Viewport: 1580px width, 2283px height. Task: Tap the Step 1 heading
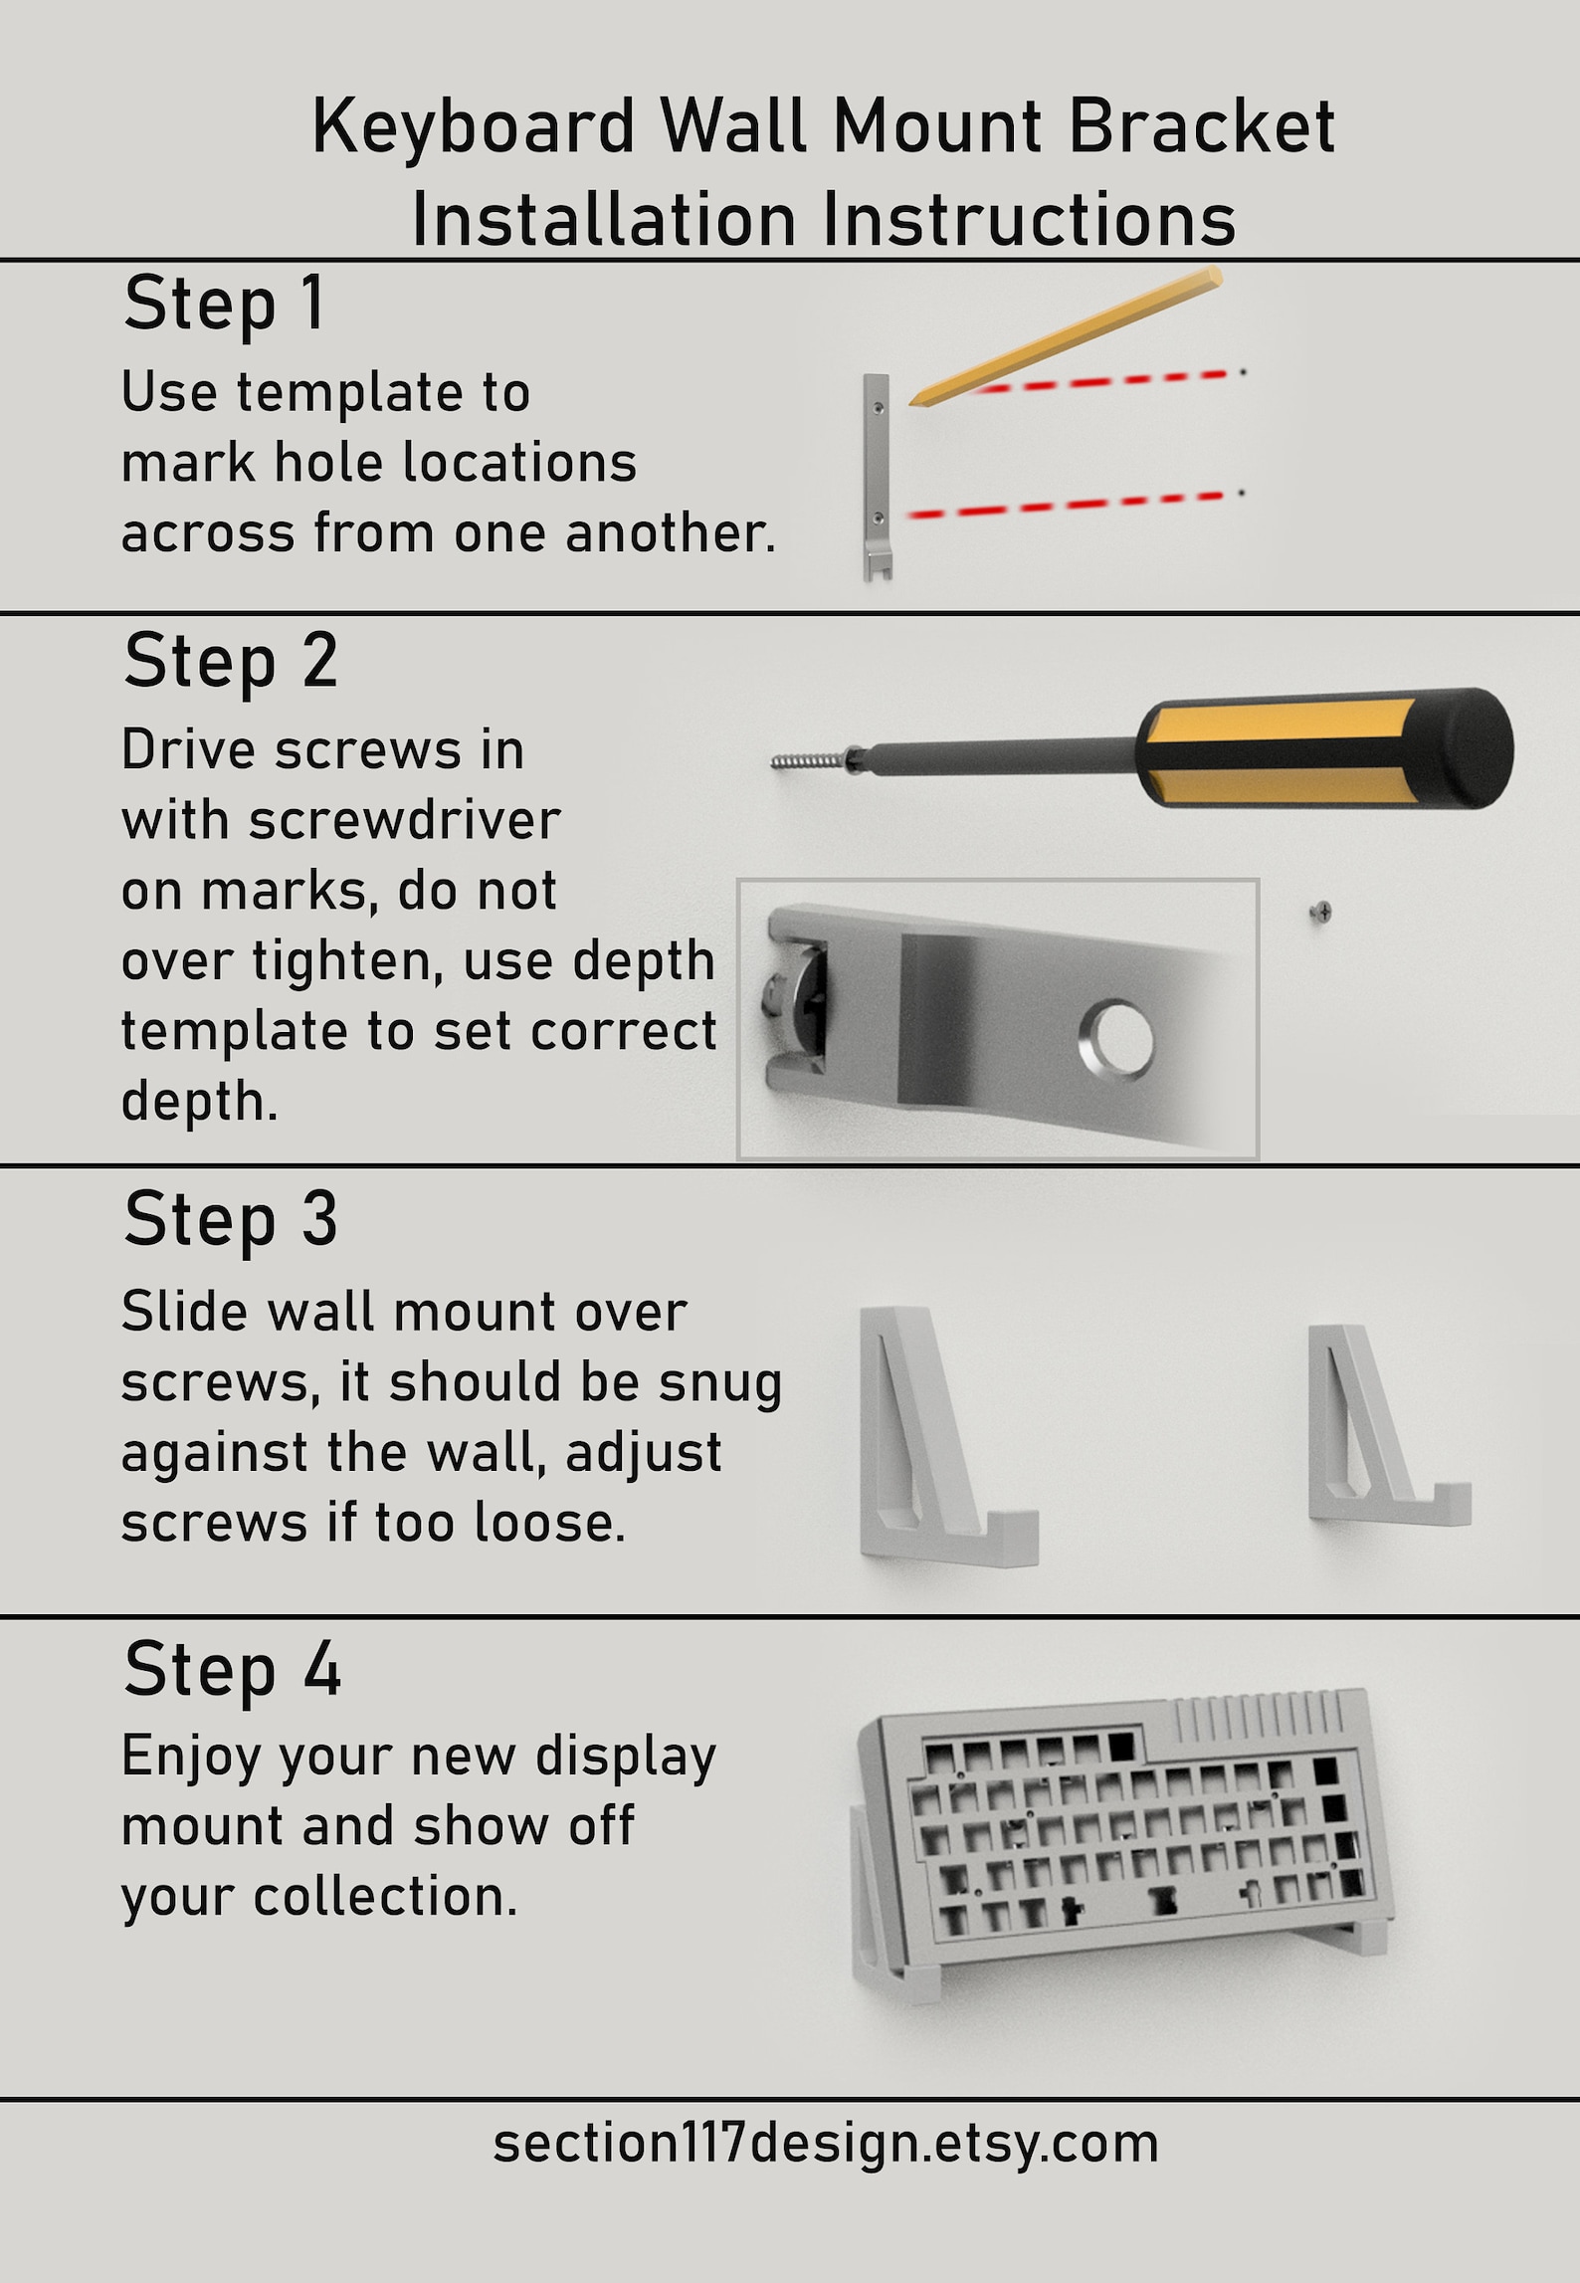point(224,304)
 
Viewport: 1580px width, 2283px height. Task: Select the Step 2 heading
point(230,662)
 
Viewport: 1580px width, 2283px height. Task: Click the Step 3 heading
point(230,1220)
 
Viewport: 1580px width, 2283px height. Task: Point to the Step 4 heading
point(232,1671)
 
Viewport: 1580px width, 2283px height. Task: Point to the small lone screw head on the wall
point(1320,911)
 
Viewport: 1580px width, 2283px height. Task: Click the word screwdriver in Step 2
point(404,821)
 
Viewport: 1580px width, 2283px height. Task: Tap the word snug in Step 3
point(720,1383)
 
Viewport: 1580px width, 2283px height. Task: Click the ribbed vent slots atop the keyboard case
point(1258,1714)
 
